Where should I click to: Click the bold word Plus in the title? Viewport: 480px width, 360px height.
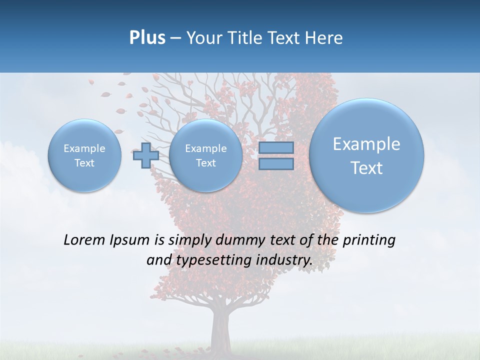click(147, 38)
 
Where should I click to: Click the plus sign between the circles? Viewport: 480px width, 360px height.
click(145, 155)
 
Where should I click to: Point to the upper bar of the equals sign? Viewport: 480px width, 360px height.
click(276, 147)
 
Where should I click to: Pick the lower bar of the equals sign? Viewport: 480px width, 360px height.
click(276, 164)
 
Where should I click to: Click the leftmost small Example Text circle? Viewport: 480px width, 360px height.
click(84, 155)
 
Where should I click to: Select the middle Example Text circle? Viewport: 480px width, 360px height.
click(205, 155)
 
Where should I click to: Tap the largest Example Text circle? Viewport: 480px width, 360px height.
click(366, 155)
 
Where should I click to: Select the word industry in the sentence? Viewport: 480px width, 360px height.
click(286, 260)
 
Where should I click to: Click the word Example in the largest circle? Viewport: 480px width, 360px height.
click(366, 144)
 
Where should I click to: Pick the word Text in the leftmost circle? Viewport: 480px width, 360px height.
click(84, 163)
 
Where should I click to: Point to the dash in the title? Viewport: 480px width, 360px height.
click(175, 38)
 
